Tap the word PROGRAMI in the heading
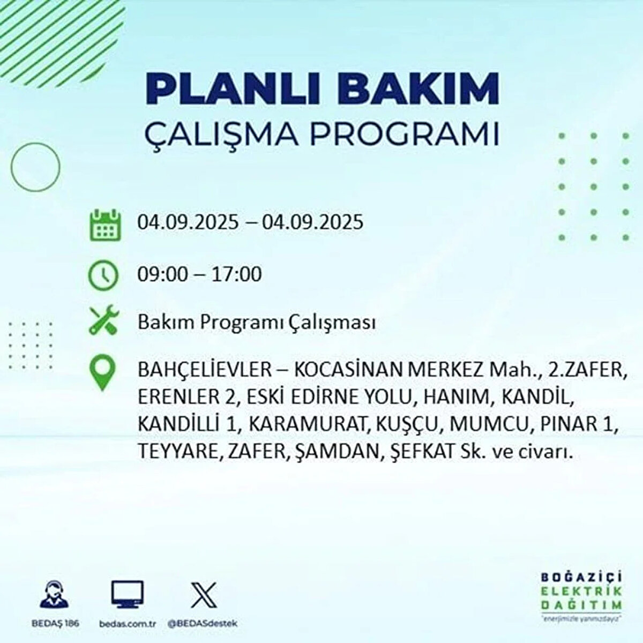[x=405, y=134]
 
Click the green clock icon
[x=103, y=275]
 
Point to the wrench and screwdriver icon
[x=103, y=320]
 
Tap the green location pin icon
[x=102, y=373]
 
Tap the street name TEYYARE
[x=178, y=452]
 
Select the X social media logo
[x=204, y=594]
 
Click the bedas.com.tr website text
[x=128, y=624]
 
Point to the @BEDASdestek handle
[x=203, y=624]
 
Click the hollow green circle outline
[x=35, y=167]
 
